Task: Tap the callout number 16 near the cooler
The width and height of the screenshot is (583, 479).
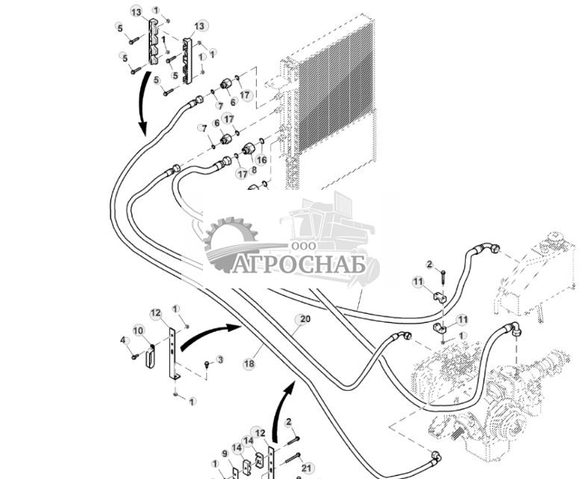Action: coord(261,159)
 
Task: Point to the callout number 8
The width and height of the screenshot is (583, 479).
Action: coord(253,170)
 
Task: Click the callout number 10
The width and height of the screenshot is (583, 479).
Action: coord(138,330)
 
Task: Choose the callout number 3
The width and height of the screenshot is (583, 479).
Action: coord(219,359)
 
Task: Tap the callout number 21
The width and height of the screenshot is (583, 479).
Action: coord(308,468)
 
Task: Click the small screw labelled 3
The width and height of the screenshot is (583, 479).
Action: coord(207,364)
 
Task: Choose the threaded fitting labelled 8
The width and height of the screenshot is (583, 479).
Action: coord(247,150)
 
